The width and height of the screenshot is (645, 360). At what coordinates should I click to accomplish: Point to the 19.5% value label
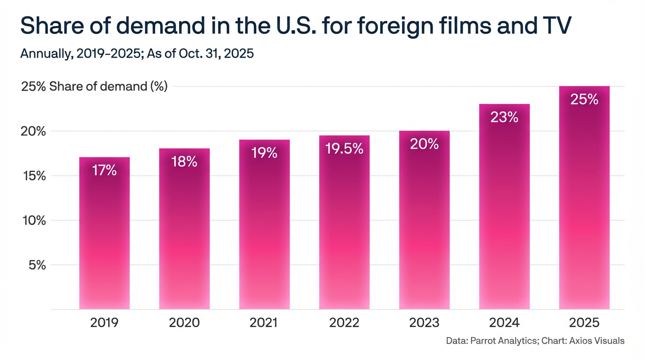coord(344,149)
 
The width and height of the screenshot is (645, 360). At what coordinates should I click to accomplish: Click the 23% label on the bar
coord(504,117)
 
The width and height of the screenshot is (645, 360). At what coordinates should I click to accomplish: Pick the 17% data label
coord(104,170)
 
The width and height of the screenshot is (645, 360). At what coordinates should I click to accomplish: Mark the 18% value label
coord(184,162)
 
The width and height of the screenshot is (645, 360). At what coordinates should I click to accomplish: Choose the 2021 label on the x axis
coord(264,323)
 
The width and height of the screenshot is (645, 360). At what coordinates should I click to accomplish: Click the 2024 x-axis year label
coord(504,323)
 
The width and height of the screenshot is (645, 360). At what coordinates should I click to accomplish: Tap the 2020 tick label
coord(184,323)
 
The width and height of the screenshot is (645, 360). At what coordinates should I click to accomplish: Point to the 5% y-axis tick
coord(34,265)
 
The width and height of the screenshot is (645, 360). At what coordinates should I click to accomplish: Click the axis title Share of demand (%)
coord(108,87)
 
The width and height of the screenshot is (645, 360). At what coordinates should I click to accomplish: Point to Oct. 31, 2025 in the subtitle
coord(216,53)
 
